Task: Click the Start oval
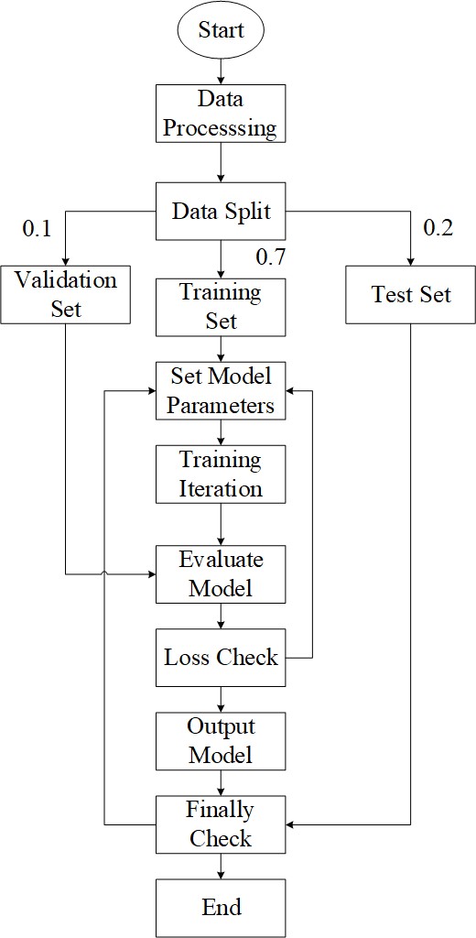(x=222, y=30)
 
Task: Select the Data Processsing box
(x=222, y=113)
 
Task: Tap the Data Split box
(x=222, y=212)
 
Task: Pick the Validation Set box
(x=65, y=294)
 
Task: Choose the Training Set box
(x=222, y=307)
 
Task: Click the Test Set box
(x=410, y=294)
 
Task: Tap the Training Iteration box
(x=222, y=474)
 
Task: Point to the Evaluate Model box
(x=222, y=574)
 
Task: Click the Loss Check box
(x=222, y=658)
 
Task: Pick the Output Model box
(x=222, y=741)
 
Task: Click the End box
(x=222, y=908)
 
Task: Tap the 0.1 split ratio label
(x=37, y=228)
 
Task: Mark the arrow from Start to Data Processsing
(x=222, y=70)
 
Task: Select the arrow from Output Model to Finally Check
(x=222, y=783)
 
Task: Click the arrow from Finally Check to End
(x=222, y=867)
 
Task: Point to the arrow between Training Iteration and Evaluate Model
(x=222, y=524)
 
